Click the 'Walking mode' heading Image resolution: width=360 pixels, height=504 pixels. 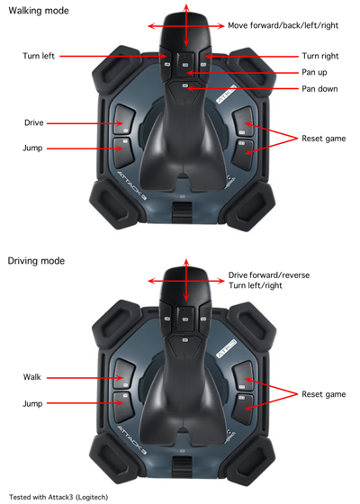pos(39,11)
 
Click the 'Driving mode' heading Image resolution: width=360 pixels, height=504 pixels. pos(36,261)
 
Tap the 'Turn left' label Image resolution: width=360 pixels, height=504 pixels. pos(39,56)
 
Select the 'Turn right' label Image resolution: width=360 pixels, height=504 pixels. pos(320,56)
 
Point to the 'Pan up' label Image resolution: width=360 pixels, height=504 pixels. pos(314,72)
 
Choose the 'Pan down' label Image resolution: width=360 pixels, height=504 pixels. pos(319,89)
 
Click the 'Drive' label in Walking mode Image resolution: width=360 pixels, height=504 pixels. pos(34,122)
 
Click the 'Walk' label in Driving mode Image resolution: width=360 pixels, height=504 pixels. pos(32,377)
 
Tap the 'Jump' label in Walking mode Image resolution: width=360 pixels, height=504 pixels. pos(32,148)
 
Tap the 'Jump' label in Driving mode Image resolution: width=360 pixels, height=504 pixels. pos(32,404)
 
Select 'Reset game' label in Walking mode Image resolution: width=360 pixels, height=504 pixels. pos(324,139)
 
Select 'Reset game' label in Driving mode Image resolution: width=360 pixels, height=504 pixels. pos(324,394)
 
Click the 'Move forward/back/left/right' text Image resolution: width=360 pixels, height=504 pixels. pos(283,26)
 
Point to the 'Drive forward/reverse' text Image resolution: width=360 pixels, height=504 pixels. pos(269,275)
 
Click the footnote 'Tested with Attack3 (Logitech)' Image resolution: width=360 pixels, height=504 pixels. pos(58,497)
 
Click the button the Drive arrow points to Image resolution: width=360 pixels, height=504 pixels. pos(124,119)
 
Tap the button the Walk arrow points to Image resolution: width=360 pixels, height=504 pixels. pos(124,373)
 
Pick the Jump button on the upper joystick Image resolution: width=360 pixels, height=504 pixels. pos(123,153)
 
